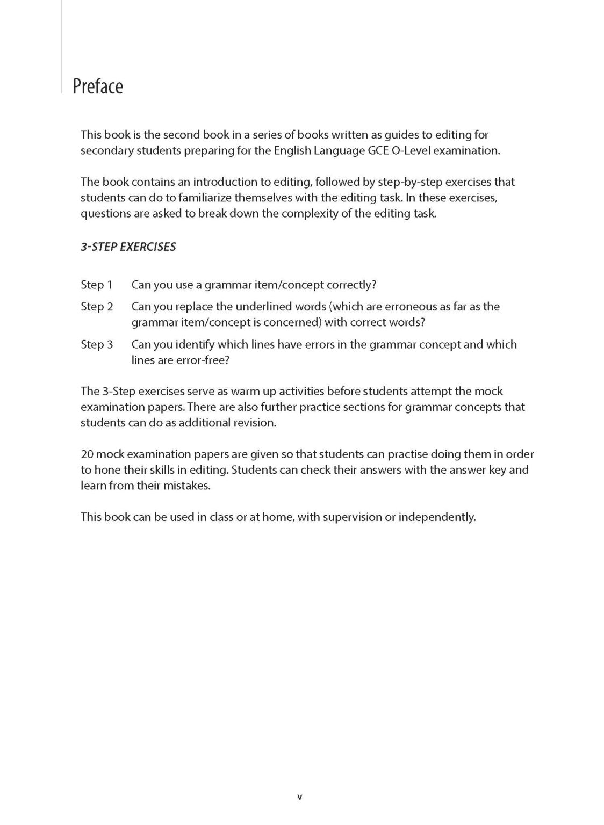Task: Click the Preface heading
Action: tap(98, 86)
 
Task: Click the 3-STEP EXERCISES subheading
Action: tap(128, 247)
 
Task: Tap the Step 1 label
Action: tap(97, 285)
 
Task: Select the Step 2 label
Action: tap(97, 307)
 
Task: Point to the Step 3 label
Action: tap(97, 344)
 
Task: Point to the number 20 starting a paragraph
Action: tap(87, 454)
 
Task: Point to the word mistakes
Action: tap(186, 486)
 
